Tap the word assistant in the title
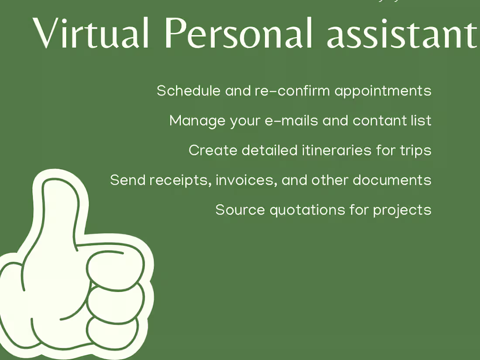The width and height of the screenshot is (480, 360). point(402,34)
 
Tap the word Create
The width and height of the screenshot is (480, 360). point(213,151)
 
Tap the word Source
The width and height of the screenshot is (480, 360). point(240,210)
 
